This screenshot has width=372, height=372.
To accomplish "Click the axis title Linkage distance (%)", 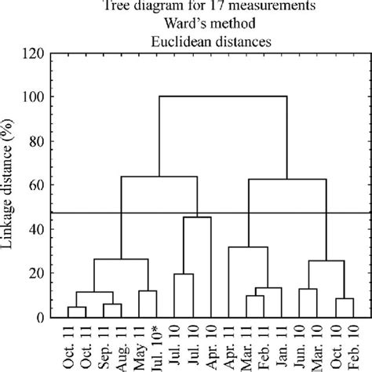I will click(9, 185).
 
